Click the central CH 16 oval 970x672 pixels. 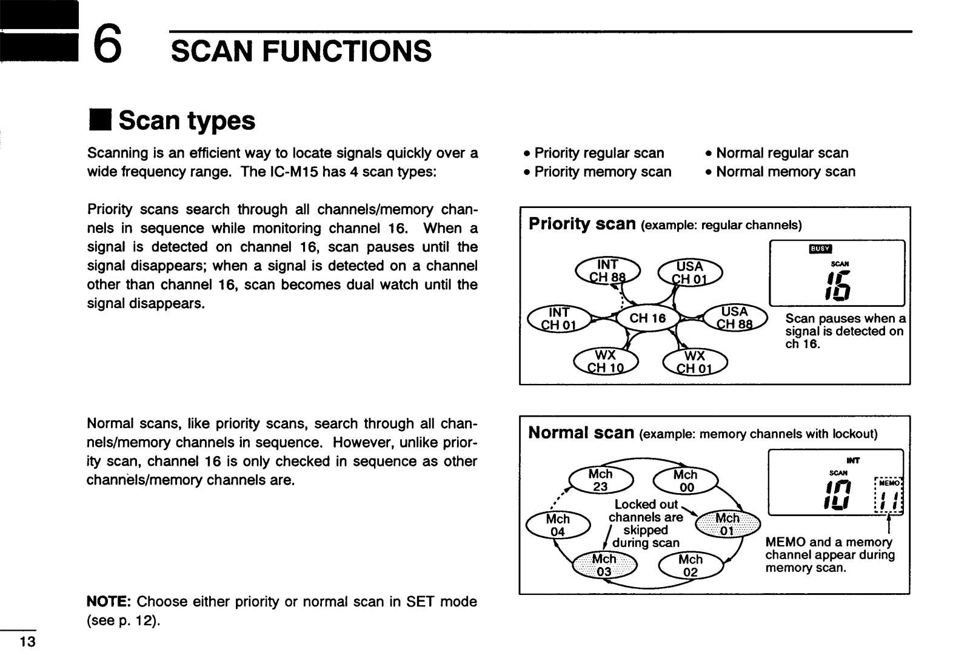coord(647,318)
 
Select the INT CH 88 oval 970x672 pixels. coord(607,270)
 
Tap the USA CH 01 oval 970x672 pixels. coord(690,272)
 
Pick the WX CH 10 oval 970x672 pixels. coord(606,361)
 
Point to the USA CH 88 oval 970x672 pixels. coord(735,318)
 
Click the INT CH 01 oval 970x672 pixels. coord(559,318)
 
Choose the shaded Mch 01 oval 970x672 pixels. coord(727,524)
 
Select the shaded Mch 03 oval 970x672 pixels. coord(604,565)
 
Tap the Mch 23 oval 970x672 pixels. coord(601,480)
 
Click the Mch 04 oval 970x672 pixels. coord(558,525)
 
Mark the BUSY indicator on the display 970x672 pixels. coord(820,249)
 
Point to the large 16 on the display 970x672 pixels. coord(838,286)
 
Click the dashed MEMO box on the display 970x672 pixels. coord(889,496)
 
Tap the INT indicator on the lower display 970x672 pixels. coord(852,460)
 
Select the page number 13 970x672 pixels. coord(27,642)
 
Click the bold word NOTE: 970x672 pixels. coord(109,602)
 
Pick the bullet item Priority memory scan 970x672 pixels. coord(598,172)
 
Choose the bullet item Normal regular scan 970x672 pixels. coord(777,153)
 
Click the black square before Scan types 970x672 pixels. coord(101,120)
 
